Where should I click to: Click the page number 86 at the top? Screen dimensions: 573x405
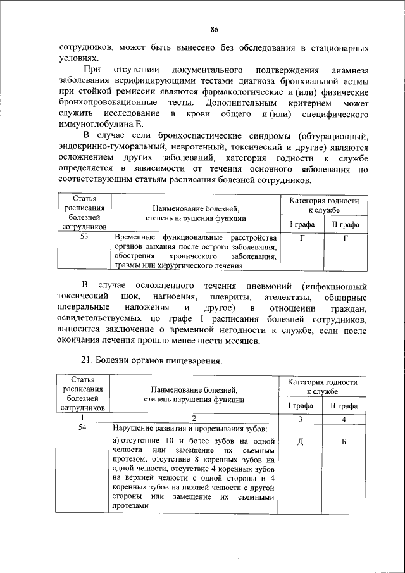point(214,30)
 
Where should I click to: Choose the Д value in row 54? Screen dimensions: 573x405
point(301,441)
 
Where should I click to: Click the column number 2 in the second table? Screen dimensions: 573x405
point(194,418)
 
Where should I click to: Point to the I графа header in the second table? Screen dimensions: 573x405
point(301,406)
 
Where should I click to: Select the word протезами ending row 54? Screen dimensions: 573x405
point(130,506)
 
